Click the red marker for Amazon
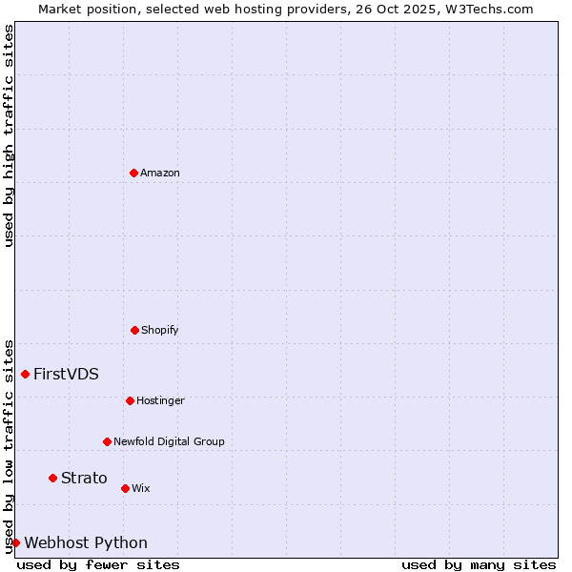pos(133,173)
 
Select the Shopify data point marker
pos(134,330)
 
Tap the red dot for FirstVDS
pos(25,374)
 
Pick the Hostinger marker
pos(130,400)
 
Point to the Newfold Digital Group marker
pos(107,441)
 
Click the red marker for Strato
pos(52,478)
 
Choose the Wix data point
pos(125,488)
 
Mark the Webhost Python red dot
pos(15,542)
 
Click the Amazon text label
pos(160,173)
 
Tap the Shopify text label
pos(160,330)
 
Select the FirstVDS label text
pos(66,374)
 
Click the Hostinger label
pos(160,400)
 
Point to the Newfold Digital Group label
pos(169,441)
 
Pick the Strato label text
pos(84,478)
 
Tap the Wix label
pos(141,488)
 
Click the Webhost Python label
pos(86,542)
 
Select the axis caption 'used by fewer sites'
pos(98,564)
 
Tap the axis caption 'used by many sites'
pos(479,564)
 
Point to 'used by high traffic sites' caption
pos(9,135)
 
